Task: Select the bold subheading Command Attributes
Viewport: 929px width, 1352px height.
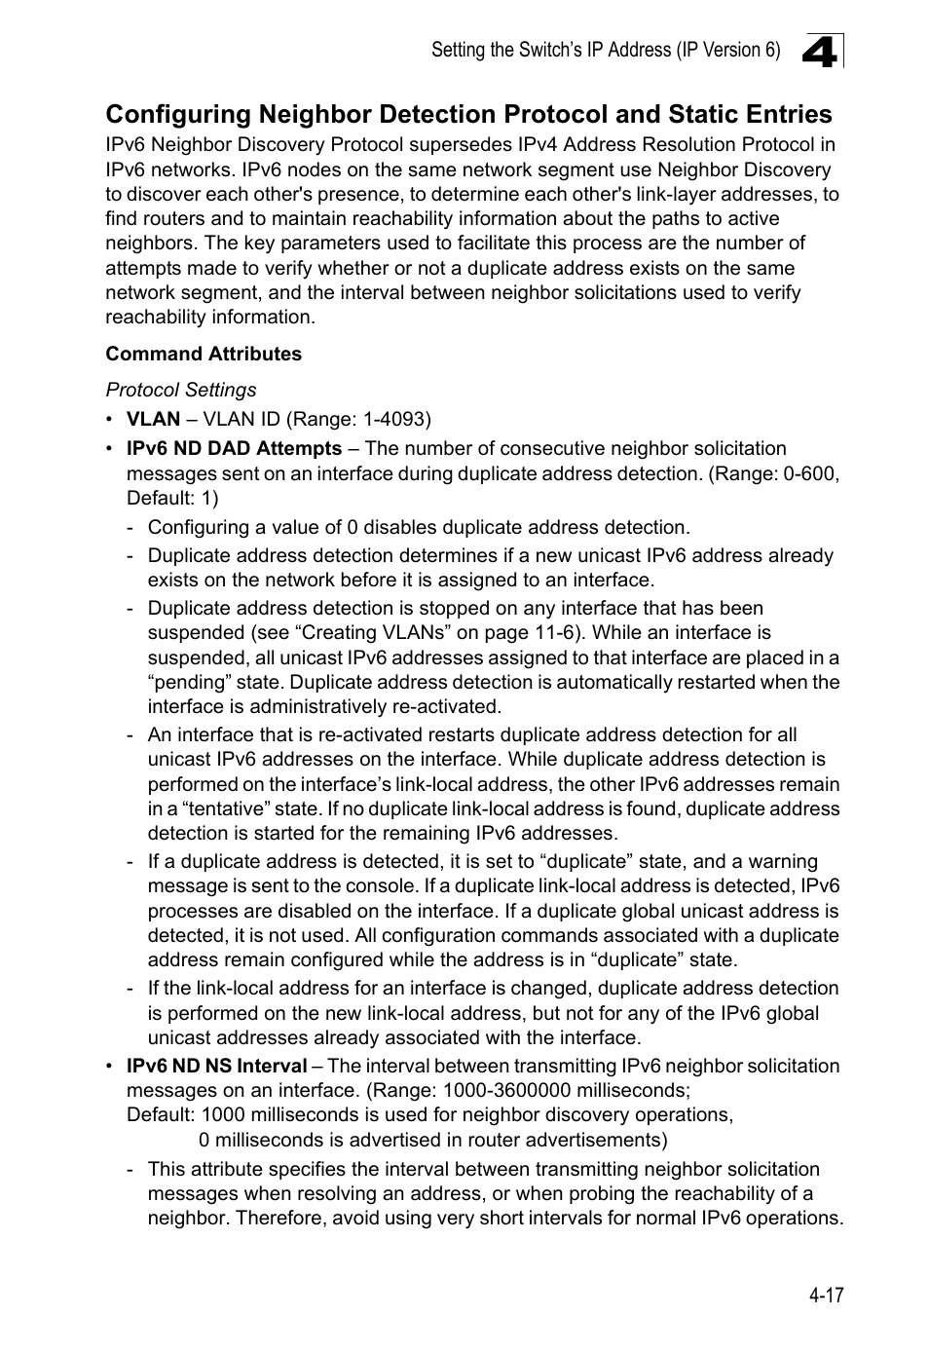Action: (204, 354)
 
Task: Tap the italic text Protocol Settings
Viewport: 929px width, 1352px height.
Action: (181, 390)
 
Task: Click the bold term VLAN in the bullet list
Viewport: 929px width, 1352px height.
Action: (153, 419)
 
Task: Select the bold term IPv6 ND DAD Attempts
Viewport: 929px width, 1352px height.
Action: (234, 448)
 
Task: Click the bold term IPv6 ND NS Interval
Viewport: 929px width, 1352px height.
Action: (216, 1066)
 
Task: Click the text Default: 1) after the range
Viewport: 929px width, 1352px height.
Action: (171, 498)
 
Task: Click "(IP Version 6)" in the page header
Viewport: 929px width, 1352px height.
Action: (727, 50)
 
